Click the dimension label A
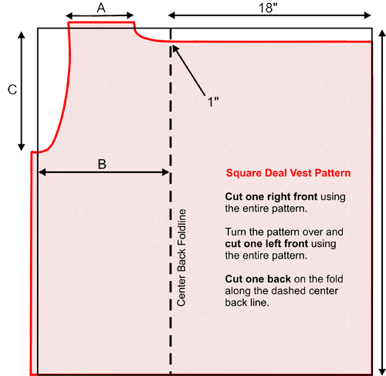point(101,8)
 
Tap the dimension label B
point(102,164)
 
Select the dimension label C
point(12,90)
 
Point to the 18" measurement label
point(268,8)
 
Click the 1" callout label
point(213,102)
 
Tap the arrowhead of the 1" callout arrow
point(174,48)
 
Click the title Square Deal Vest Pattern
point(288,173)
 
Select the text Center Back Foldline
point(181,258)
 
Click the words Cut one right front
point(271,197)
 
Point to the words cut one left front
point(266,244)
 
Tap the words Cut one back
point(258,279)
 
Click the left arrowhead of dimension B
point(42,172)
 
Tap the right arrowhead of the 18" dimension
point(367,15)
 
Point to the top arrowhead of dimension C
point(22,36)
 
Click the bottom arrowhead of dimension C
point(22,147)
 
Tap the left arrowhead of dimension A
point(69,16)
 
